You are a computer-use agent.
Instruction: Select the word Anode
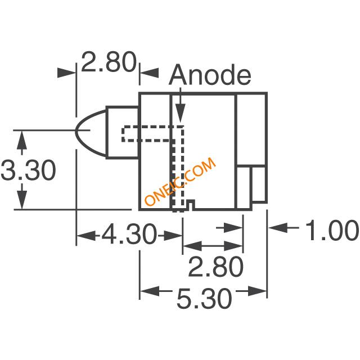[x=210, y=75]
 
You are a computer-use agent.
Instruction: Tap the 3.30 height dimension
[x=28, y=170]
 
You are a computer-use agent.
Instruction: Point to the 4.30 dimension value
[x=129, y=235]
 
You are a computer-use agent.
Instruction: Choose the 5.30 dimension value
[x=204, y=299]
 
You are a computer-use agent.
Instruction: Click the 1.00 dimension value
[x=332, y=230]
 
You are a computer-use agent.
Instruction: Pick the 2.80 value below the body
[x=215, y=267]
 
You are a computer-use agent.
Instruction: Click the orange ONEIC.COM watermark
[x=180, y=181]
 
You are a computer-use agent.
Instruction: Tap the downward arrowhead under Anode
[x=180, y=113]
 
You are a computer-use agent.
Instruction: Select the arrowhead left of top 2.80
[x=66, y=73]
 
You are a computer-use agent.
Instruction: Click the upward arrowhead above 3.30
[x=22, y=141]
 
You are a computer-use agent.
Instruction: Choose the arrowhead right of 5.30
[x=257, y=291]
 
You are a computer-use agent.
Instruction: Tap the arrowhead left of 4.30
[x=86, y=236]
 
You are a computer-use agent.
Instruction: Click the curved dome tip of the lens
[x=76, y=130]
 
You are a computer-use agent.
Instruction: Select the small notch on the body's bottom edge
[x=191, y=204]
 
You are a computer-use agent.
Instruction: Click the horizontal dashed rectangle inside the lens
[x=147, y=133]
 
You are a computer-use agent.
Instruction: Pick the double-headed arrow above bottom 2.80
[x=213, y=246]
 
